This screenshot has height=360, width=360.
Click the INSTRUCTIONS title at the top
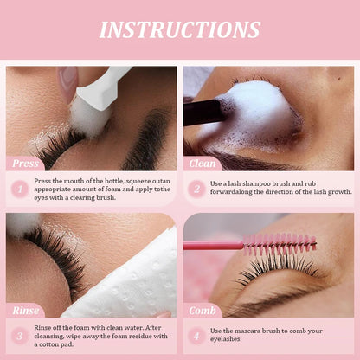[179, 29]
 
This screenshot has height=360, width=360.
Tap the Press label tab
[25, 164]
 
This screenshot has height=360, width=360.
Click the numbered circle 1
[18, 188]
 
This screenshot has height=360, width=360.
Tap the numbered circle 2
[196, 188]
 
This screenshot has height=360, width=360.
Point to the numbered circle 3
[18, 335]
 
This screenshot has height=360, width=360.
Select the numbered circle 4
[196, 335]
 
